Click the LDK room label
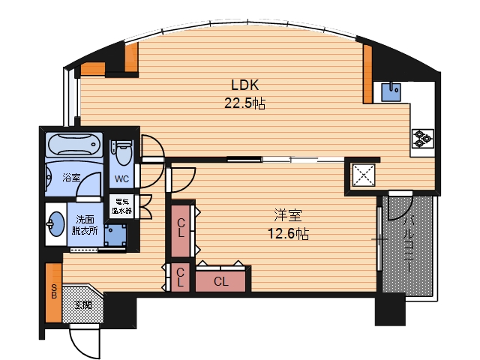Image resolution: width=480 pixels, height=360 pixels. [245, 85]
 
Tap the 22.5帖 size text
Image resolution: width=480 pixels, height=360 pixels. [245, 103]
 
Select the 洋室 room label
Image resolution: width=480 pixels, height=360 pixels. [288, 215]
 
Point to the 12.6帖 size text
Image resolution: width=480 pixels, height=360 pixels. [288, 234]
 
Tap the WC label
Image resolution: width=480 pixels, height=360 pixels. [121, 178]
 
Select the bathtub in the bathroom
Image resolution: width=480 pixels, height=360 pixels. [74, 145]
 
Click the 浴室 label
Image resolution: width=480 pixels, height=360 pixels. [71, 177]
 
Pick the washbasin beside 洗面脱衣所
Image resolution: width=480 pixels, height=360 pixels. [55, 224]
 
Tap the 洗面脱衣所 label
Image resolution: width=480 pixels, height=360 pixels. [85, 225]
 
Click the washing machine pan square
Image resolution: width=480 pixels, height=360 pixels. [115, 235]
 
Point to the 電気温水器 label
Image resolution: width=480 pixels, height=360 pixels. [121, 206]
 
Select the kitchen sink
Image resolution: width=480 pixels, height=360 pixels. [391, 92]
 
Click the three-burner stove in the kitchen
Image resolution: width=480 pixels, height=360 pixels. [423, 139]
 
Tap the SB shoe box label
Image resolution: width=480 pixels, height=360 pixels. [54, 291]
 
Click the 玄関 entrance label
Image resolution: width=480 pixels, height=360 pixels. [83, 305]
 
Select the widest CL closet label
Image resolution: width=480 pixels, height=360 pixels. [221, 281]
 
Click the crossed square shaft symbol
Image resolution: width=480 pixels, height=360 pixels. [363, 175]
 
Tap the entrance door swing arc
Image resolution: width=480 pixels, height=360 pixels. [76, 348]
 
